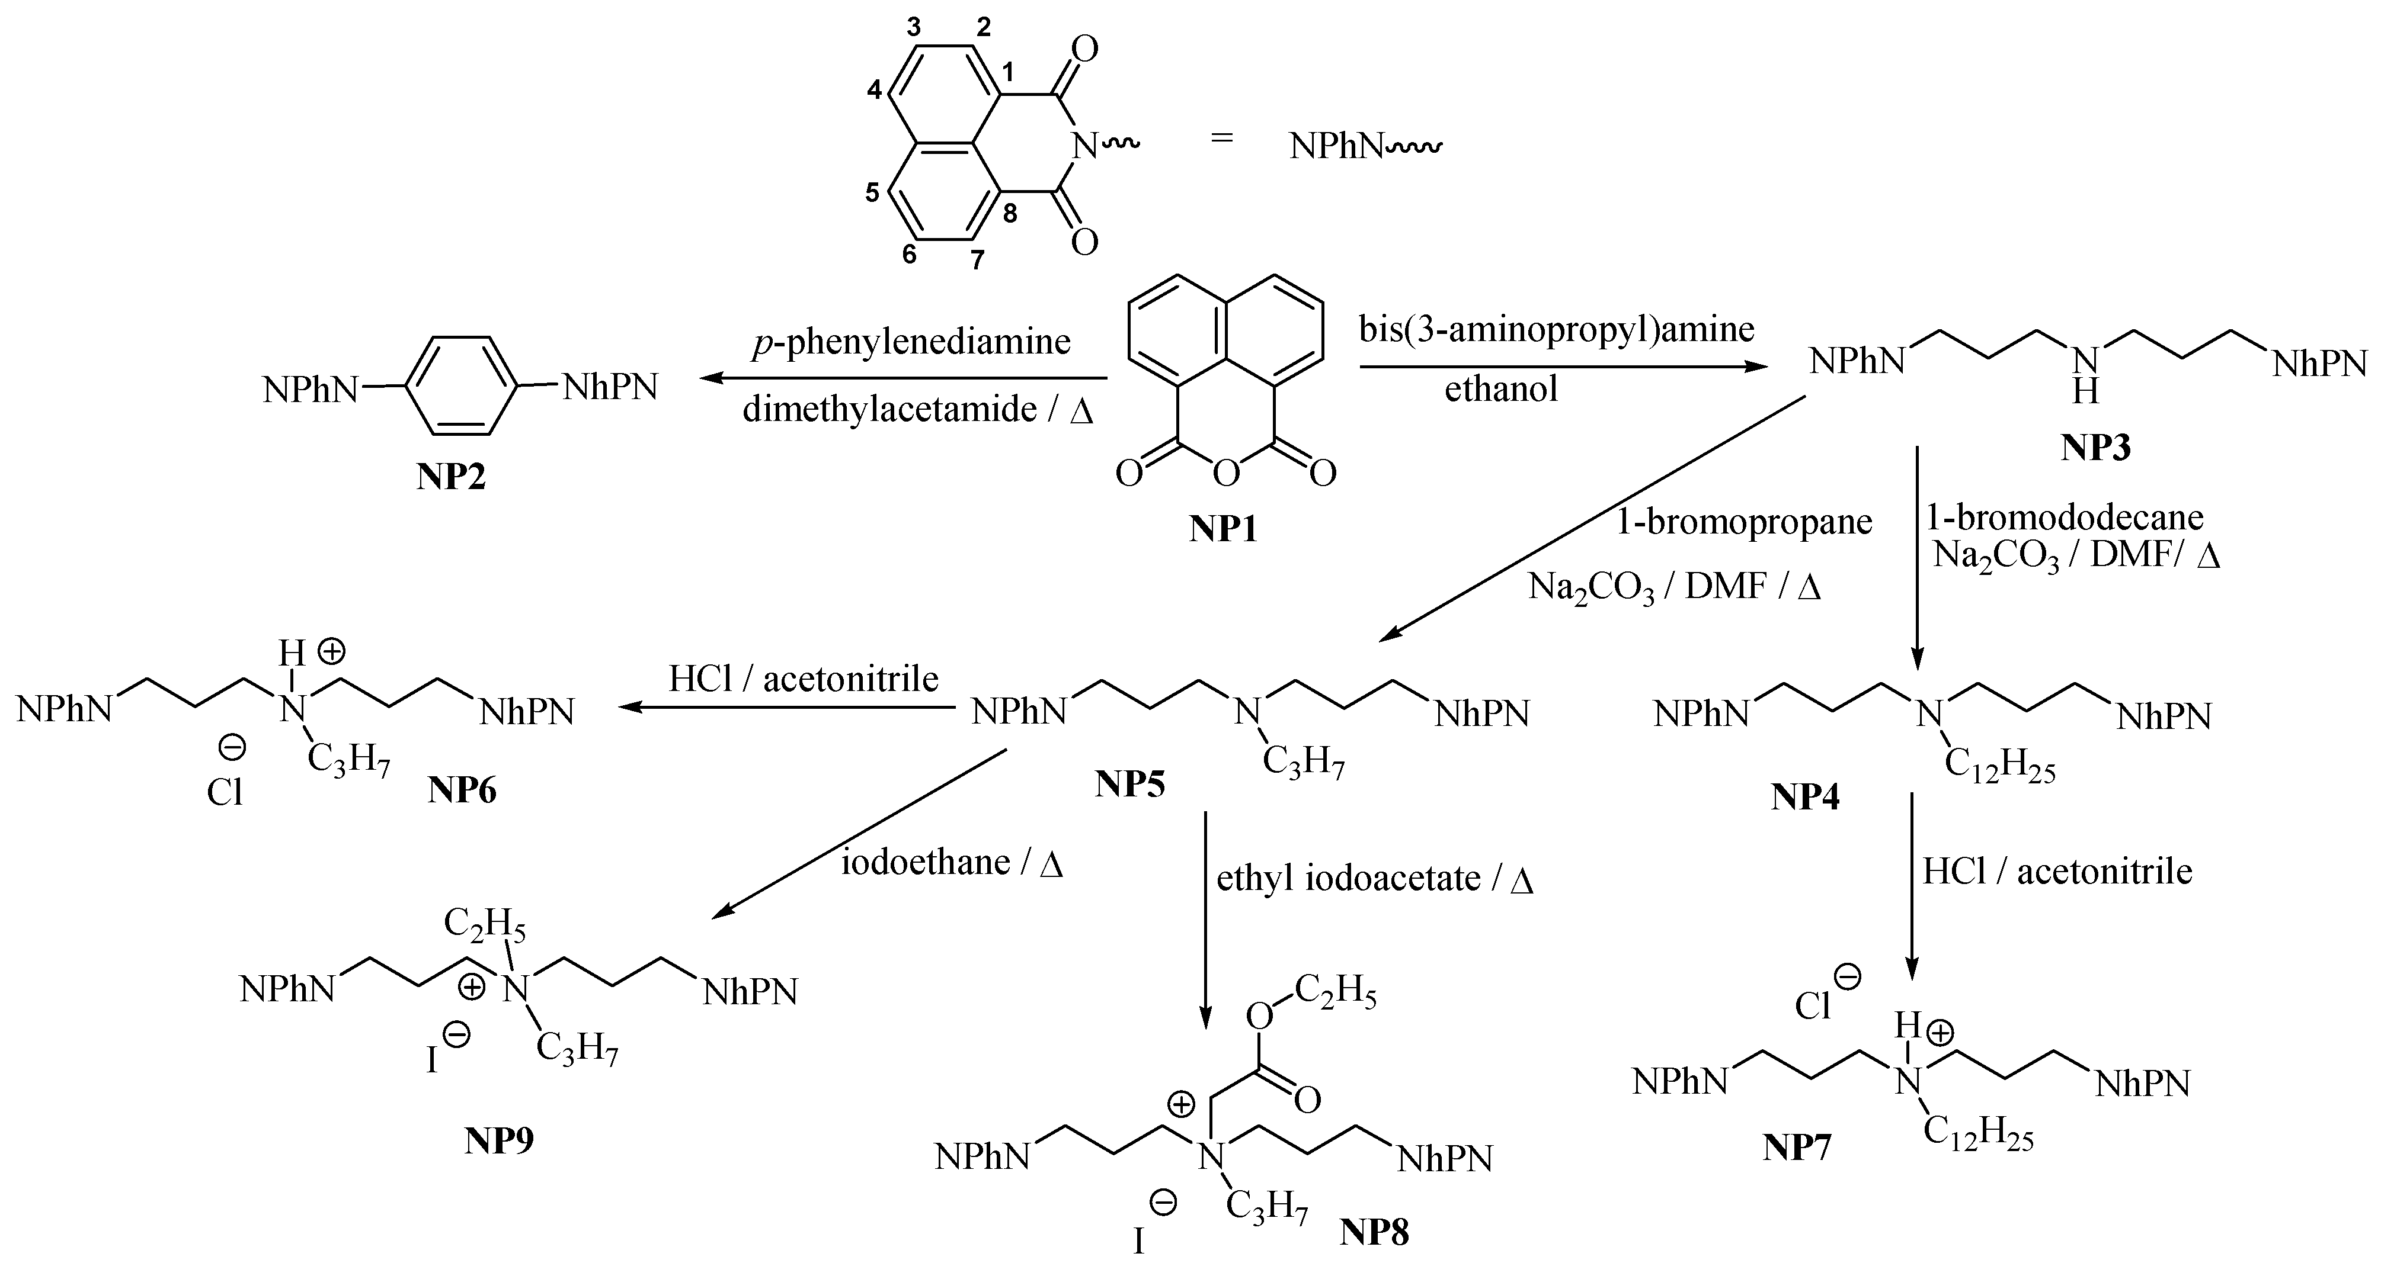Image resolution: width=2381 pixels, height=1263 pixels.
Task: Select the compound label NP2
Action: click(x=450, y=478)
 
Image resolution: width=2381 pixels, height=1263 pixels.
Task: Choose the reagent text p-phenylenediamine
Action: click(x=910, y=342)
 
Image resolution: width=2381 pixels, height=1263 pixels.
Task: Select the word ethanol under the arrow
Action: click(x=1501, y=389)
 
